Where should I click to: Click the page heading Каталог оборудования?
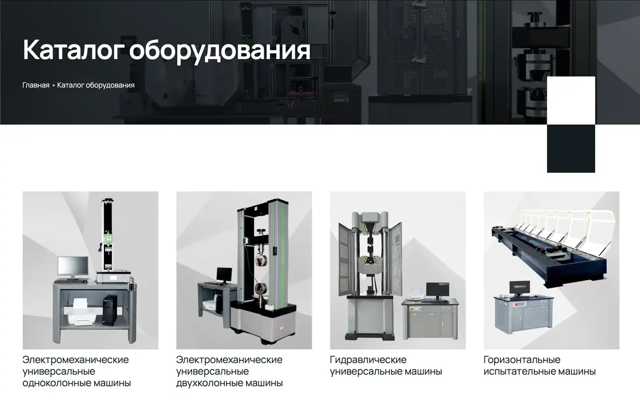[166, 50]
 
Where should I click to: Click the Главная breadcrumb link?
[36, 85]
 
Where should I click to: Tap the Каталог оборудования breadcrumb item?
[96, 85]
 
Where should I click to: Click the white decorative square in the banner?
[571, 101]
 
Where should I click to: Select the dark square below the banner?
[571, 149]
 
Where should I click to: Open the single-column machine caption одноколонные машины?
[77, 383]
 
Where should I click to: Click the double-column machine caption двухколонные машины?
[229, 383]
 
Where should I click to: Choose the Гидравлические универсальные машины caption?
[386, 366]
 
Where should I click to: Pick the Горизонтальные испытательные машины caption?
[539, 366]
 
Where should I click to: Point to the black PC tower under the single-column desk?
[109, 310]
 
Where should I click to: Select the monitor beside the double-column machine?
[224, 276]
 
